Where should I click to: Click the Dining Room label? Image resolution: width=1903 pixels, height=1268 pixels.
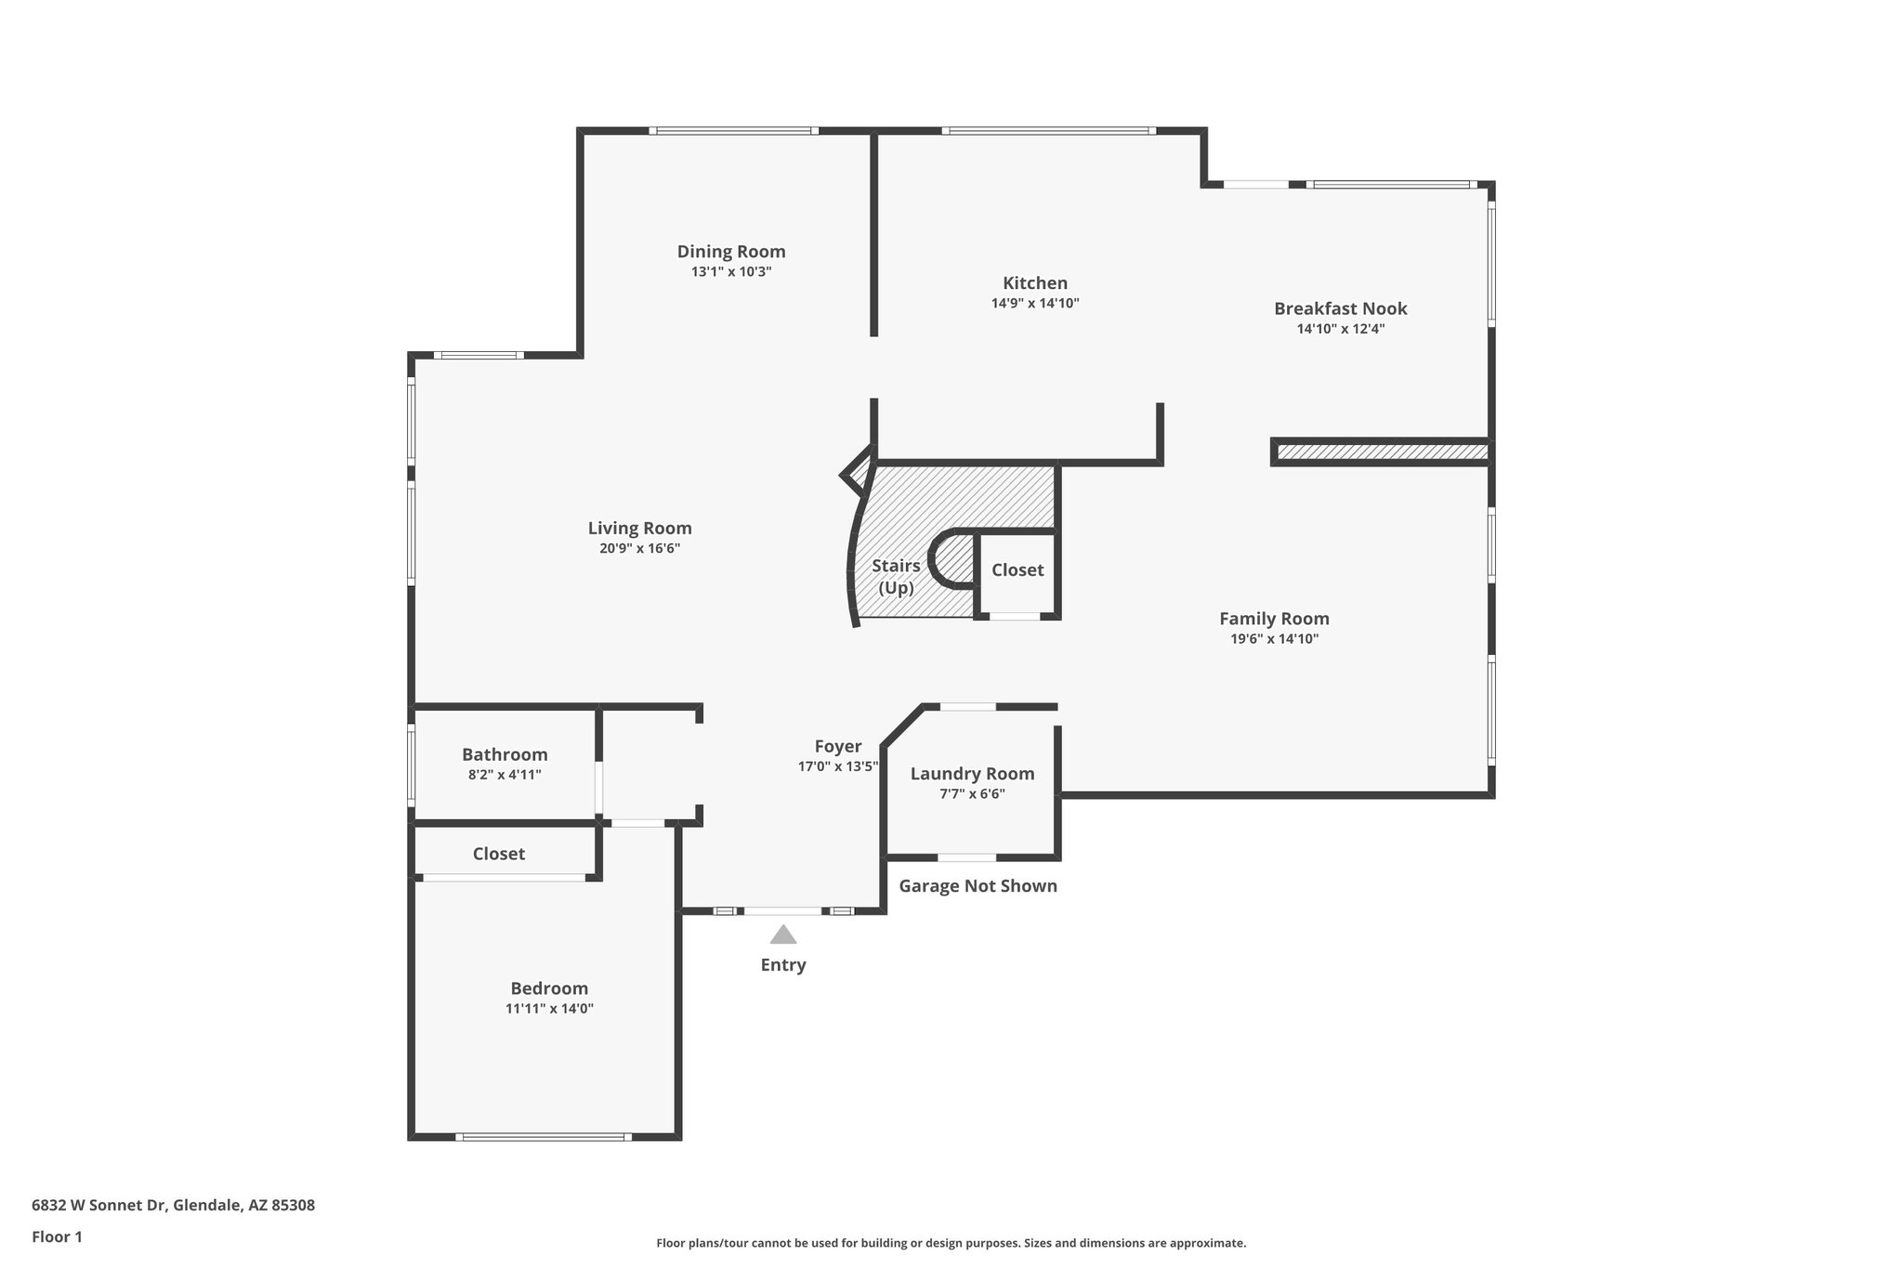[731, 252]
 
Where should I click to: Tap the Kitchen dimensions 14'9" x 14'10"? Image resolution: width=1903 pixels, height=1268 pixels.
[1034, 303]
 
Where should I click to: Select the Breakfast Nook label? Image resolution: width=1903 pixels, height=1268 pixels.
[1340, 308]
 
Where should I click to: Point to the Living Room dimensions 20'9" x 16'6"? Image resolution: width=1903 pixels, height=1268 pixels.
[639, 549]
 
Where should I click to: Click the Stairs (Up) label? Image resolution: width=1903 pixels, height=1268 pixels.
[896, 577]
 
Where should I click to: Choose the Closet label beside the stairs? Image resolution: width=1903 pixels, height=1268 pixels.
[1017, 570]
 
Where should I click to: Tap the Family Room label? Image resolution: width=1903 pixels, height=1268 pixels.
[1274, 619]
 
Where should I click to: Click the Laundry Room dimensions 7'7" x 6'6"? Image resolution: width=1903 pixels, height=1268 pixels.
[972, 794]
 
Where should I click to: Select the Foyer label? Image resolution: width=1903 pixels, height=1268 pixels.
[837, 746]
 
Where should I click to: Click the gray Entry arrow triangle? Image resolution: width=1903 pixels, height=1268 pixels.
[783, 935]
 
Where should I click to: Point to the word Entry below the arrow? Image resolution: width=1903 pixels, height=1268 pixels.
[783, 965]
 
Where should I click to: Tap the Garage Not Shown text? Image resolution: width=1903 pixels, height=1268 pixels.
[978, 886]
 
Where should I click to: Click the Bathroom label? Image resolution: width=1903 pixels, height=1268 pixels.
[505, 754]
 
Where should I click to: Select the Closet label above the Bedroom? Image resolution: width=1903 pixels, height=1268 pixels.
[499, 854]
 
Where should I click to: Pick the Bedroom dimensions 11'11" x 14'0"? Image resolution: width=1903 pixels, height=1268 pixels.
[549, 1009]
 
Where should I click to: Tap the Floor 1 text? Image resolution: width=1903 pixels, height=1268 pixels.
[57, 1236]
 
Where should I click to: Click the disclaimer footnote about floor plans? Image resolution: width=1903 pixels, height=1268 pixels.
[951, 1243]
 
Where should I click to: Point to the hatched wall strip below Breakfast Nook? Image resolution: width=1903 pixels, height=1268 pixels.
[1381, 452]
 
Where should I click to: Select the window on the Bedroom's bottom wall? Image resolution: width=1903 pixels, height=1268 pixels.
[543, 1137]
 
